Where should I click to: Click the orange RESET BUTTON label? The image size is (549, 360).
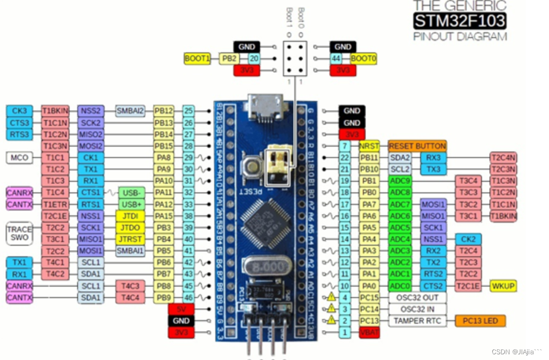[x=417, y=146]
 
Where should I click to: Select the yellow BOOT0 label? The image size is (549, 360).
[x=363, y=59]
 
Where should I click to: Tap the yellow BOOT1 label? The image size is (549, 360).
[x=197, y=59]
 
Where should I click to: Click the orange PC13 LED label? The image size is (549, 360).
[x=480, y=320]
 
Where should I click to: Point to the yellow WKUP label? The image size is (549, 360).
[x=504, y=286]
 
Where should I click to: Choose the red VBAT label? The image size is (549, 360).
[x=369, y=332]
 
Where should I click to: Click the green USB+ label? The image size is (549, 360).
[x=131, y=204]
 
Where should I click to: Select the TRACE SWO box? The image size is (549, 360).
[x=20, y=233]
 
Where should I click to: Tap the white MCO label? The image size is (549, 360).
[x=20, y=158]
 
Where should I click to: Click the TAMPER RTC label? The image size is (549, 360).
[x=418, y=320]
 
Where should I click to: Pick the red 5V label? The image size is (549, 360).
[x=181, y=309]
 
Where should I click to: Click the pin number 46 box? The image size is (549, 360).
[x=189, y=297]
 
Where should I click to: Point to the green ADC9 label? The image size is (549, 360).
[x=399, y=181]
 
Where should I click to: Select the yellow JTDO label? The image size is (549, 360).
[x=130, y=227]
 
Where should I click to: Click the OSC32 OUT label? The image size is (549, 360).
[x=418, y=297]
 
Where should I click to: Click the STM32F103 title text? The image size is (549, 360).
[x=459, y=21]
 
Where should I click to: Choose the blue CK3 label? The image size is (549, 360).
[x=20, y=111]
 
